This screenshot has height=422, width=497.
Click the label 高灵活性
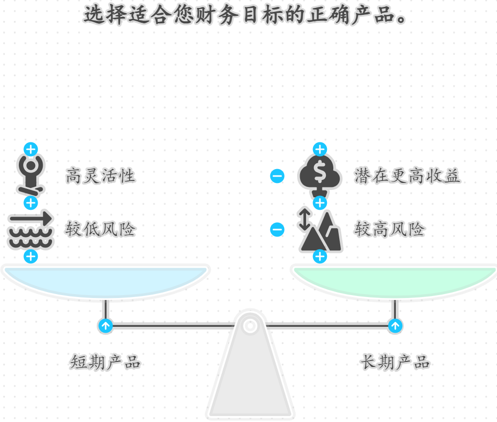(100, 176)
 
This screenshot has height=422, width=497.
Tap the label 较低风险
(100, 230)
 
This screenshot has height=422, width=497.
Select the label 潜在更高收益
(407, 176)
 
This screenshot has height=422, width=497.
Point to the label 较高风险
(389, 230)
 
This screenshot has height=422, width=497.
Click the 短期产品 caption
(105, 362)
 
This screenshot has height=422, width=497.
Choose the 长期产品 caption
(395, 362)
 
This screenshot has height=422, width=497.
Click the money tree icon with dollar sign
(320, 175)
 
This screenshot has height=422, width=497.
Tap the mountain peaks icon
(321, 231)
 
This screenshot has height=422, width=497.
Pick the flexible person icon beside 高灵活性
(31, 175)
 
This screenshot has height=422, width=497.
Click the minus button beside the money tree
(277, 176)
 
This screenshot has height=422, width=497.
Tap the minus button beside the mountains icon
(277, 230)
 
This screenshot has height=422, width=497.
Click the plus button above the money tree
(320, 149)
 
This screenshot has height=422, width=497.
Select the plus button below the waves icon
(31, 256)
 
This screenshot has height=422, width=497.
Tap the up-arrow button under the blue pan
(105, 326)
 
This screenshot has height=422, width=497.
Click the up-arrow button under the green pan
(395, 326)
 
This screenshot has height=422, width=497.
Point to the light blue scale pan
(105, 281)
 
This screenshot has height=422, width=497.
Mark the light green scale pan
(395, 281)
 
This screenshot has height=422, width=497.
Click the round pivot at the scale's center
(250, 326)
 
